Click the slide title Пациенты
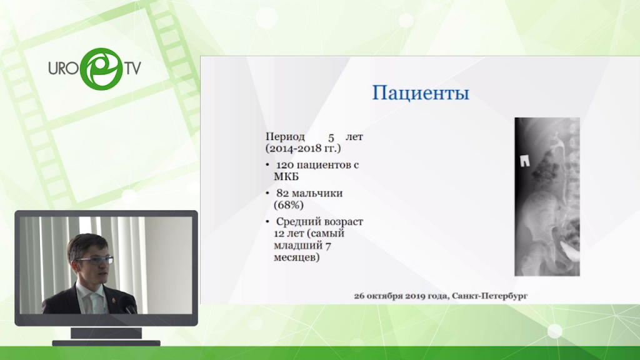421,94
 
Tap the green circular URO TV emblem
102,69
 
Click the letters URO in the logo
63,68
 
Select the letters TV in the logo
132,68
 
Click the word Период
285,137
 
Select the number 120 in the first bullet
285,165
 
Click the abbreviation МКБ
286,177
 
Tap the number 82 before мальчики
282,193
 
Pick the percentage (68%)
289,205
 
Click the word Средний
296,222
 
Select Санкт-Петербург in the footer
489,296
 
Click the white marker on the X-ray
525,161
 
